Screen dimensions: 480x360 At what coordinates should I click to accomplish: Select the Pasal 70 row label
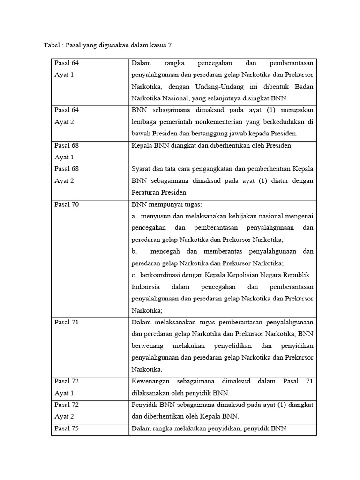click(x=66, y=204)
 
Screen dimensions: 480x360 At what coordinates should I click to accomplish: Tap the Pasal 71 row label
click(x=66, y=322)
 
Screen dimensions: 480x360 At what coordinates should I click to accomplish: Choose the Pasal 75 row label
click(x=66, y=428)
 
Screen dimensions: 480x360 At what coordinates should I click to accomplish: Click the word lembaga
click(x=144, y=122)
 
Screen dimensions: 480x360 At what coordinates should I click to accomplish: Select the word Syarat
click(x=142, y=169)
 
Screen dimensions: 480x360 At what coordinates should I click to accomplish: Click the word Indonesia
click(x=146, y=286)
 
